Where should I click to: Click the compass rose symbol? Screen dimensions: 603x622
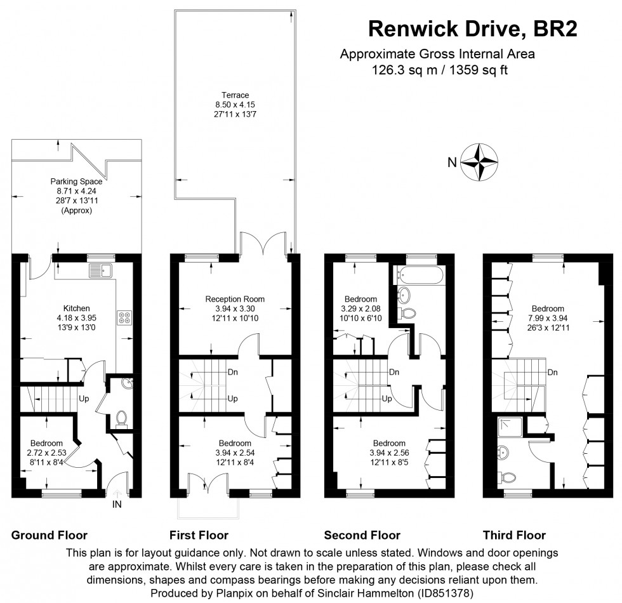pos(479,162)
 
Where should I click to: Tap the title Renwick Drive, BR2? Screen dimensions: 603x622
pos(473,29)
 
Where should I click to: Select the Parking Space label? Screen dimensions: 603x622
pos(76,182)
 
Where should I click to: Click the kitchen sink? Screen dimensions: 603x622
pos(100,270)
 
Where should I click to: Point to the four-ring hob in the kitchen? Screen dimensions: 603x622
pos(124,317)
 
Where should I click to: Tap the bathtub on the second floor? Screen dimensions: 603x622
pos(419,275)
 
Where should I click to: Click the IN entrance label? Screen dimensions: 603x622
pos(117,505)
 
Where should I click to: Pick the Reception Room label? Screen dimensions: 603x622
pos(235,299)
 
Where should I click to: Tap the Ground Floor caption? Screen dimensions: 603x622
pos(50,535)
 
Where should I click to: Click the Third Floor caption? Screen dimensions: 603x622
pos(514,535)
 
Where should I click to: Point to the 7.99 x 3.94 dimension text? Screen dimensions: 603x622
pos(548,319)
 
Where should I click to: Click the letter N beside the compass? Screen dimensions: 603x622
pos(451,162)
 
